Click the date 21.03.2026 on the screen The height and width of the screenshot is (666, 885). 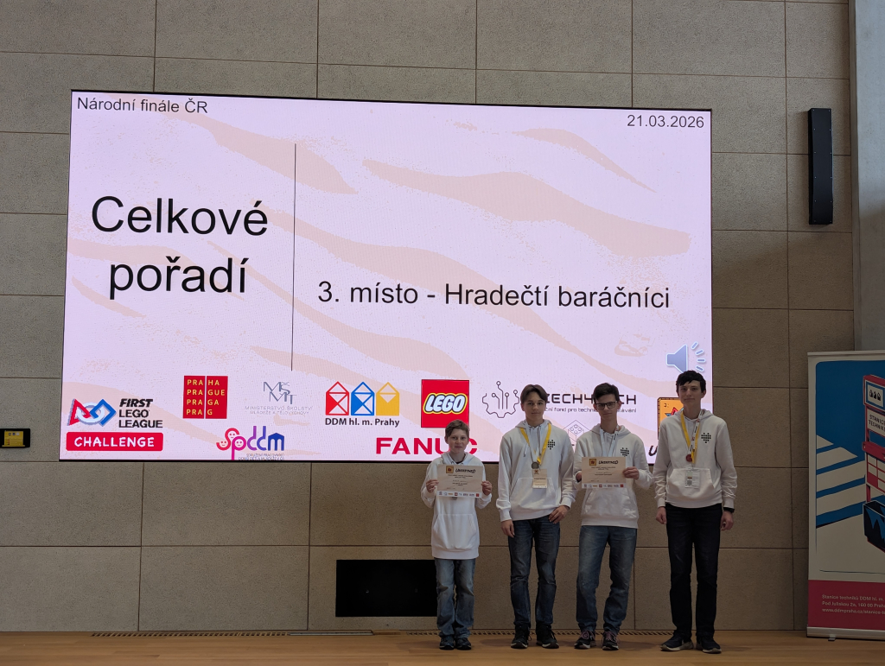[x=665, y=121]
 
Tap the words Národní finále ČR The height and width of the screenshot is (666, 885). [x=142, y=105]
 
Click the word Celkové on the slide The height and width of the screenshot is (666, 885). [x=179, y=216]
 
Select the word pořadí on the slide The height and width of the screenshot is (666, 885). [x=178, y=275]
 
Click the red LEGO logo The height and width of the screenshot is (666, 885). [x=444, y=403]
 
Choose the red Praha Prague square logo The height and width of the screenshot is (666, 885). [x=205, y=396]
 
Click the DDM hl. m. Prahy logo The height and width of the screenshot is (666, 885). [x=362, y=403]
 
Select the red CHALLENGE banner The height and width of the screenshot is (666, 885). [x=114, y=441]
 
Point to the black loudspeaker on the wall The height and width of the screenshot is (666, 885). [x=819, y=166]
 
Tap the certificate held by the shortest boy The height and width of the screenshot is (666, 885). [x=459, y=479]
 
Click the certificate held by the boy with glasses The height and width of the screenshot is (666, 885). [x=602, y=472]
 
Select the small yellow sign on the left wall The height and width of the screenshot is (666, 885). [x=14, y=438]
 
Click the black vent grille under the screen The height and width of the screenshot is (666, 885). [x=385, y=587]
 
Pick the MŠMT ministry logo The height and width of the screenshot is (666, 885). [x=279, y=398]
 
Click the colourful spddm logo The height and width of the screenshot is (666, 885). [x=250, y=441]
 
